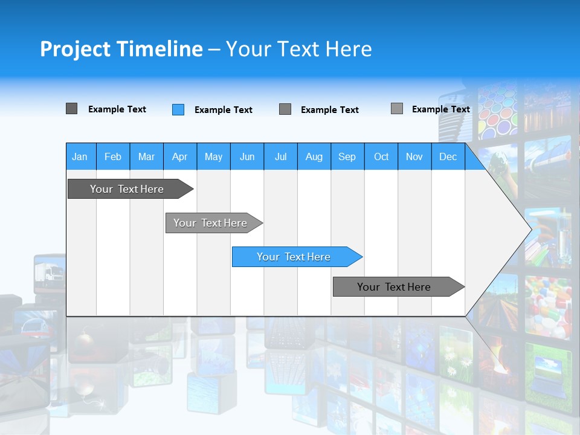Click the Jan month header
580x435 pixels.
(80, 156)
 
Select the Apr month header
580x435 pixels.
(179, 156)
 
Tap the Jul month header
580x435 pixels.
(280, 156)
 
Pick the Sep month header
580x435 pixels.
(347, 156)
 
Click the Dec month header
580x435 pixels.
(448, 156)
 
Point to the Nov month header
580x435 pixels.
(414, 156)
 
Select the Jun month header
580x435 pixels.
(246, 156)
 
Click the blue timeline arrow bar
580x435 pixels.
(294, 257)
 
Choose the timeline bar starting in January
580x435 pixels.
(127, 189)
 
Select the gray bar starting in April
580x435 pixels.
(211, 223)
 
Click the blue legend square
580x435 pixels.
(178, 109)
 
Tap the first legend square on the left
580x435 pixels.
(71, 109)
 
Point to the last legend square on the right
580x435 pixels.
(396, 109)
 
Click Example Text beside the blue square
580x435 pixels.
(223, 110)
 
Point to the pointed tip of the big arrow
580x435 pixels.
(530, 230)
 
